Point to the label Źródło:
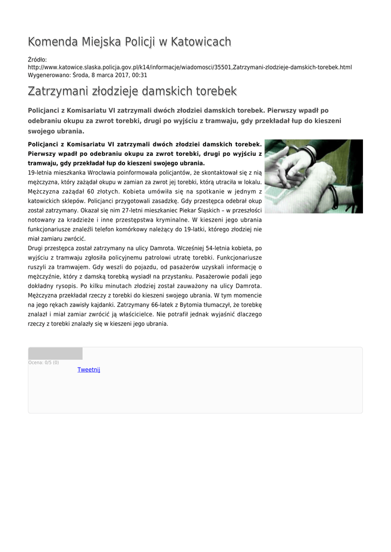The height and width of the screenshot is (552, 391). point(37,59)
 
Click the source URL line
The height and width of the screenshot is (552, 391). point(189,67)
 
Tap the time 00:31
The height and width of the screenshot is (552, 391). point(140,75)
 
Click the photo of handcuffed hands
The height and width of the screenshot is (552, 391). point(313,176)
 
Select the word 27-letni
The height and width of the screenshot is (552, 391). point(138,210)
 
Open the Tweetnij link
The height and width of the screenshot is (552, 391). point(89,370)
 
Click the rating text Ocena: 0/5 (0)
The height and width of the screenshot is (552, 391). point(44,363)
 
